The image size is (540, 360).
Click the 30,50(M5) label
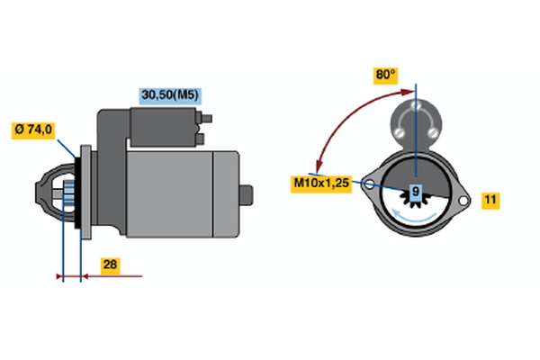pyautogui.click(x=170, y=94)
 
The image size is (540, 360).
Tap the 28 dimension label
pyautogui.click(x=110, y=265)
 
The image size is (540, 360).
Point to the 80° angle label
pyautogui.click(x=385, y=76)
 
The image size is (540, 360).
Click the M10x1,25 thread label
pyautogui.click(x=320, y=184)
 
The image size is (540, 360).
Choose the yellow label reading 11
pyautogui.click(x=490, y=200)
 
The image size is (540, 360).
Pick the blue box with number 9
pyautogui.click(x=415, y=192)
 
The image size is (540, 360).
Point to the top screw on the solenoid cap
pyautogui.click(x=415, y=107)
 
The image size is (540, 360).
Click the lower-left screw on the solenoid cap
pyautogui.click(x=399, y=135)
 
